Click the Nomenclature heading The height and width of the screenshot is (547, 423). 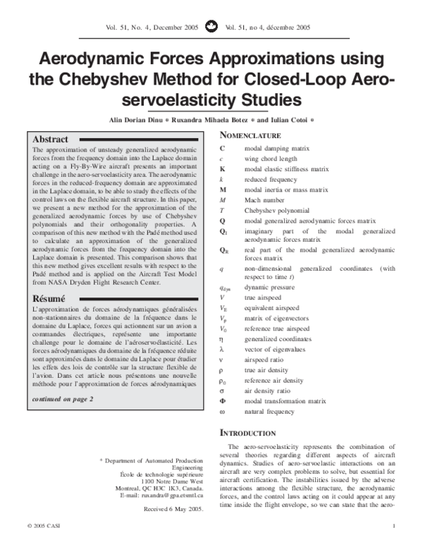[251, 135]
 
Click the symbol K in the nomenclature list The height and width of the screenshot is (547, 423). [223, 169]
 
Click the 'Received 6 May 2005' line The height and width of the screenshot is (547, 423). [173, 508]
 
